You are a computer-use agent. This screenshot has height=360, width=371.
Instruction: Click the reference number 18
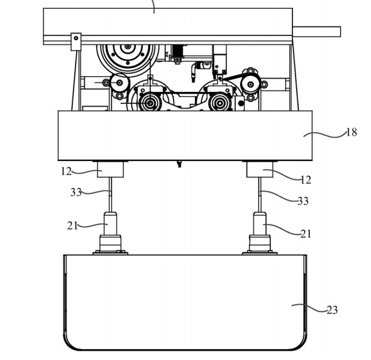point(352,132)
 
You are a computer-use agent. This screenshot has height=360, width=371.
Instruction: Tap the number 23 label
point(332,310)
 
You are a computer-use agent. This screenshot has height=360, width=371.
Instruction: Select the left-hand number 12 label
point(66,171)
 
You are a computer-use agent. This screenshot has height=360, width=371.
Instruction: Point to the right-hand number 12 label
point(306,180)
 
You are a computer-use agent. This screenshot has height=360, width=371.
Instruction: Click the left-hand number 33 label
point(76,192)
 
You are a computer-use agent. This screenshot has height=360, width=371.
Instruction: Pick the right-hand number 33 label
point(303,201)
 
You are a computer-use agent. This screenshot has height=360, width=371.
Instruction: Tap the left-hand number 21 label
point(72,226)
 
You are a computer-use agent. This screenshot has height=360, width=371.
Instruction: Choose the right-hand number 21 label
point(306,234)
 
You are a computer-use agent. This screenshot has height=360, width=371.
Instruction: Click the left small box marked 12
point(111,169)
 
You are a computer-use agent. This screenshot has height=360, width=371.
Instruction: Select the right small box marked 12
point(260,169)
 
